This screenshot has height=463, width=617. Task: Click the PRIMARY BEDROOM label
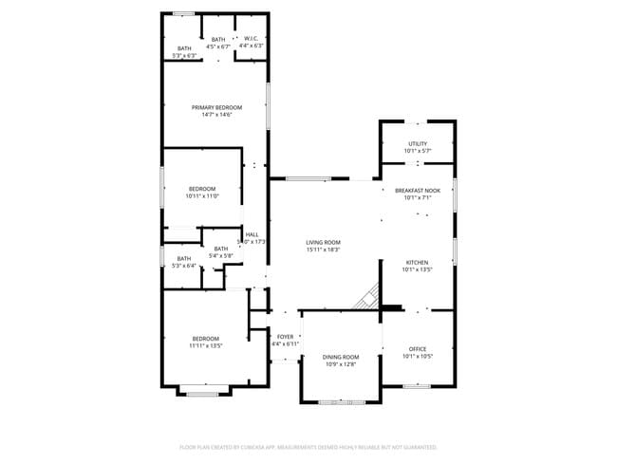[216, 107]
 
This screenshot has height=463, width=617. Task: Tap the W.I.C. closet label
[252, 39]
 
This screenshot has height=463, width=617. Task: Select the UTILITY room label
[418, 143]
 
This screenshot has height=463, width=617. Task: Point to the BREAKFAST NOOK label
[418, 191]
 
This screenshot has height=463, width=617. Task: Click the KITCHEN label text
[418, 262]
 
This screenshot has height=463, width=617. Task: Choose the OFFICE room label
[418, 349]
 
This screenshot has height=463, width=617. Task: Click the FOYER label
[285, 337]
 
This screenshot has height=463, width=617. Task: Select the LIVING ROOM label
[324, 243]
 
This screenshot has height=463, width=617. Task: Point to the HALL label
[252, 234]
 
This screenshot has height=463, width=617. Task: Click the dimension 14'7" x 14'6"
[216, 115]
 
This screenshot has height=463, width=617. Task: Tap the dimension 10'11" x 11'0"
[202, 196]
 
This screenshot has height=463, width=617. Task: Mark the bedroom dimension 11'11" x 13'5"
[206, 346]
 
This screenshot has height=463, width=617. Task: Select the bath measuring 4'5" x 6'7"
[218, 46]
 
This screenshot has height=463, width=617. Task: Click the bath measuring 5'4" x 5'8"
[220, 255]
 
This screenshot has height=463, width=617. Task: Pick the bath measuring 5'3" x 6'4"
[184, 266]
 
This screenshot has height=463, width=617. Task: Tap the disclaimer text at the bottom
[308, 446]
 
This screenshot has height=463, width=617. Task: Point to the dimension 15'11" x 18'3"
[324, 250]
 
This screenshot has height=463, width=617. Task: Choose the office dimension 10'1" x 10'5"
[418, 357]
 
